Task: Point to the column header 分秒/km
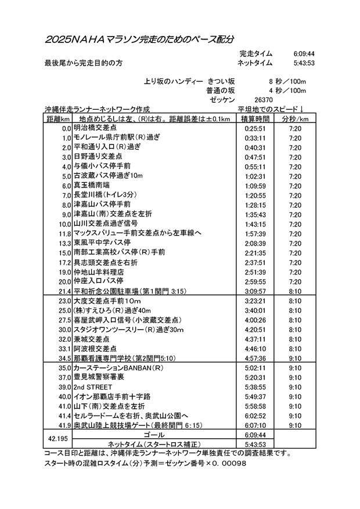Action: click(294, 118)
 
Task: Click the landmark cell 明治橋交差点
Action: click(95, 128)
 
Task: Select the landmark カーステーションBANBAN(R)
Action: click(117, 368)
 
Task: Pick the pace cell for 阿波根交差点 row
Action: click(294, 348)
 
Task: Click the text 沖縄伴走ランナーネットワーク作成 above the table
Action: click(97, 109)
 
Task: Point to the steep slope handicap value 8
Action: click(270, 81)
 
